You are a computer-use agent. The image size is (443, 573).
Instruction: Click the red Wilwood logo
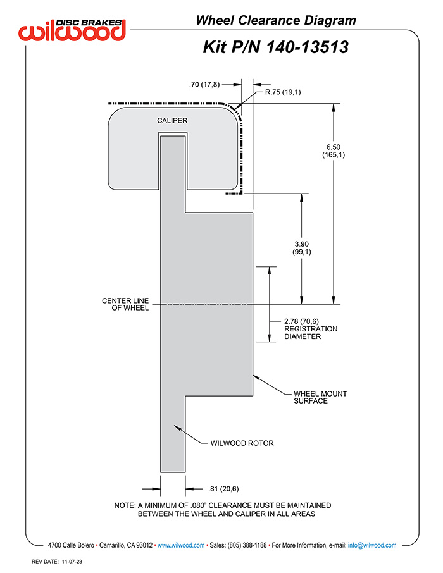click(x=72, y=30)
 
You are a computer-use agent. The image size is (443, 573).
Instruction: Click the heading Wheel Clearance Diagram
click(x=276, y=20)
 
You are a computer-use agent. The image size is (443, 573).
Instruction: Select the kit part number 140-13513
click(x=307, y=47)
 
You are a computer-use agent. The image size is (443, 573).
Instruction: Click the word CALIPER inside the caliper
click(x=172, y=121)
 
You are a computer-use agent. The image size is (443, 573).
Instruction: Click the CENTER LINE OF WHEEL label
click(x=125, y=304)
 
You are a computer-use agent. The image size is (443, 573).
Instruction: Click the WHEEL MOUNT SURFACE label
click(x=320, y=397)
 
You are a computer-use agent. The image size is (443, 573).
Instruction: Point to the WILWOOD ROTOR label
click(x=242, y=443)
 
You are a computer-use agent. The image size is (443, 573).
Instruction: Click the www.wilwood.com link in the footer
click(x=181, y=545)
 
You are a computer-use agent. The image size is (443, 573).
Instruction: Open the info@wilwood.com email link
click(x=372, y=545)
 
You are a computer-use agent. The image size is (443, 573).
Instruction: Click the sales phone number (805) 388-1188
click(x=247, y=545)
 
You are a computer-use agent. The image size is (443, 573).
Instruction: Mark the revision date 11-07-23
click(x=72, y=562)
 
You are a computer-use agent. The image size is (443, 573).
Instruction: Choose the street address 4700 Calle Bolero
click(x=71, y=545)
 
